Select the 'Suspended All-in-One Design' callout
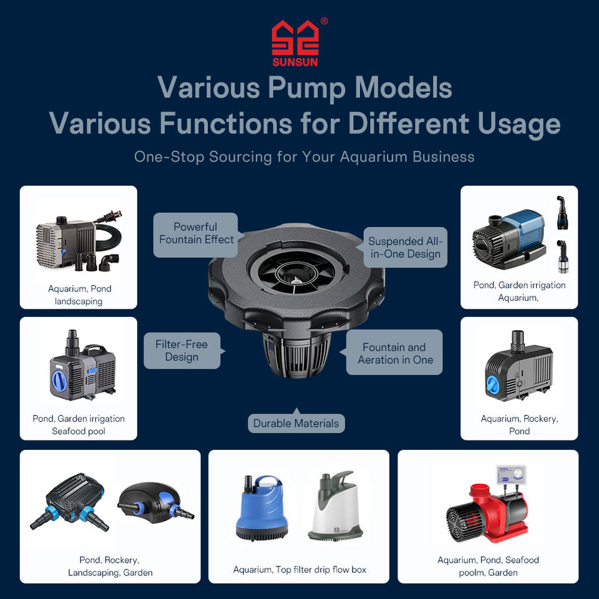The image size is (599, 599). coord(404,247)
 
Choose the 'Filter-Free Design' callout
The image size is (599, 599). coord(182,351)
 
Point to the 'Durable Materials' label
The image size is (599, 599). coord(296,423)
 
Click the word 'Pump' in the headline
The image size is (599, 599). coord(308,88)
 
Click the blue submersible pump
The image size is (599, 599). coord(261,508)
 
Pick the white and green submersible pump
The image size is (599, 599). coord(336,505)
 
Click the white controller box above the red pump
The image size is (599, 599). coord(511,475)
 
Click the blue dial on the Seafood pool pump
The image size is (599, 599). coord(59,380)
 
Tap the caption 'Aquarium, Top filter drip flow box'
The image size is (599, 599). coord(299,570)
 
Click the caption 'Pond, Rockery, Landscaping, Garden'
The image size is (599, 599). coord(110,566)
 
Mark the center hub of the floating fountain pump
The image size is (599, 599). coord(296,281)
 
